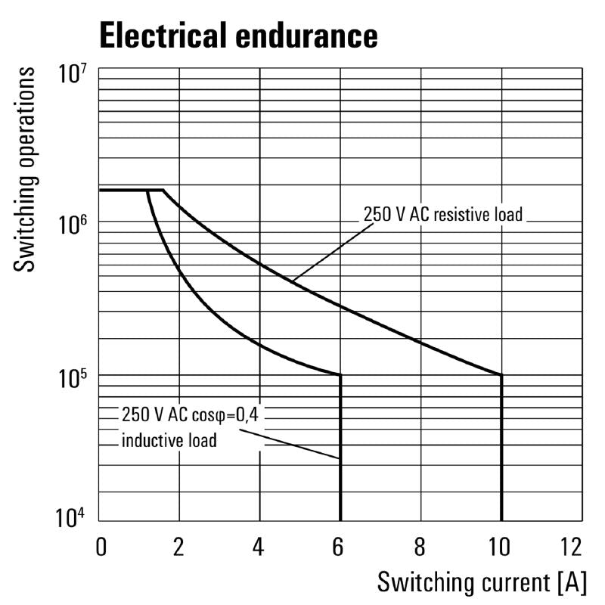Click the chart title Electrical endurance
coord(238,35)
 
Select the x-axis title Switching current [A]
coord(482,582)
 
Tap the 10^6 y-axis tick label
coord(73,223)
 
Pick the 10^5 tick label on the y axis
coord(73,375)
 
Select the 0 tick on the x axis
coord(101,546)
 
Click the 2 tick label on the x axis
coord(179,546)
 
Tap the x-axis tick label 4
coord(259,546)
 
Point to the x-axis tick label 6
coord(340,546)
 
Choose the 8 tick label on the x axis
coord(420,546)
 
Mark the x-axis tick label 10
coord(499,546)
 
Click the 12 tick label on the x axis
coord(572,546)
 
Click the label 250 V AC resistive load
coord(443,215)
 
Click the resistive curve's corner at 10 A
coord(501,374)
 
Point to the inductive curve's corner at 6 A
coord(340,374)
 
